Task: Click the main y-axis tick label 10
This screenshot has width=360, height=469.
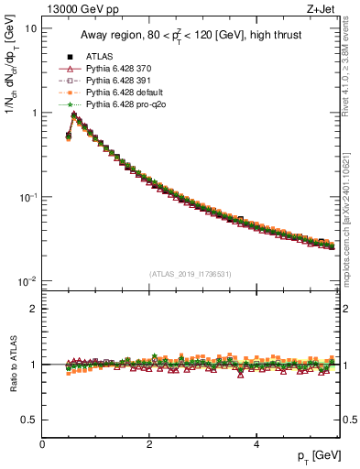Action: pos(30,28)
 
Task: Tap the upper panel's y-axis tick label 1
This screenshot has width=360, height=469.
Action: pos(34,113)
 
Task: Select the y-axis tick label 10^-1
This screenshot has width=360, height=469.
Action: pos(27,197)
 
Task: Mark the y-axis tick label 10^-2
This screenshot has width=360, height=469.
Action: pos(27,281)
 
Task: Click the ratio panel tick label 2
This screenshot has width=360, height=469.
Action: pos(34,309)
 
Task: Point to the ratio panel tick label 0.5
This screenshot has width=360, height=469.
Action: pos(29,420)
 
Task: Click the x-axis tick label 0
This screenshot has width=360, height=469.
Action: pos(42,444)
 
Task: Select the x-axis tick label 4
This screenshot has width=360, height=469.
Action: pos(256,444)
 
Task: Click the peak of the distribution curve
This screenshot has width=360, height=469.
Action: pos(73,115)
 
